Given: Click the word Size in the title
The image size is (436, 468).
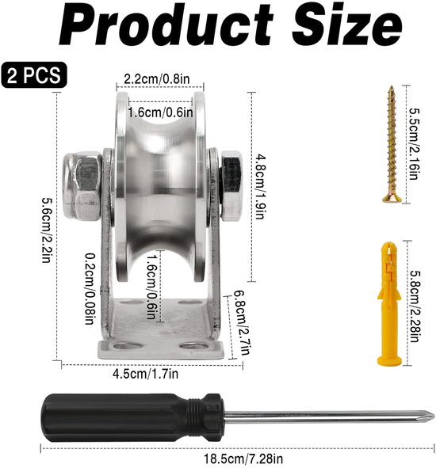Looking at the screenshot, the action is (x=347, y=25).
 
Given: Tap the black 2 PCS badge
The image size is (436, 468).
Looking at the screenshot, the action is (x=34, y=75).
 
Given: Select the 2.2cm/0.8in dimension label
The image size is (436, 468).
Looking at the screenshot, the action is (x=157, y=79).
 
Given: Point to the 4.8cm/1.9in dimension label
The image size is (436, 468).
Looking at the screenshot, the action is (x=260, y=187).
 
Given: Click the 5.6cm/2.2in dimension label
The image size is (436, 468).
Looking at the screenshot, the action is (x=47, y=230).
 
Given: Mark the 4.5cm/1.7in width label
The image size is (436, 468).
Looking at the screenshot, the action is (x=145, y=374).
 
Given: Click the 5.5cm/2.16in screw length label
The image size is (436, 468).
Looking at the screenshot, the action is (x=415, y=144).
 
